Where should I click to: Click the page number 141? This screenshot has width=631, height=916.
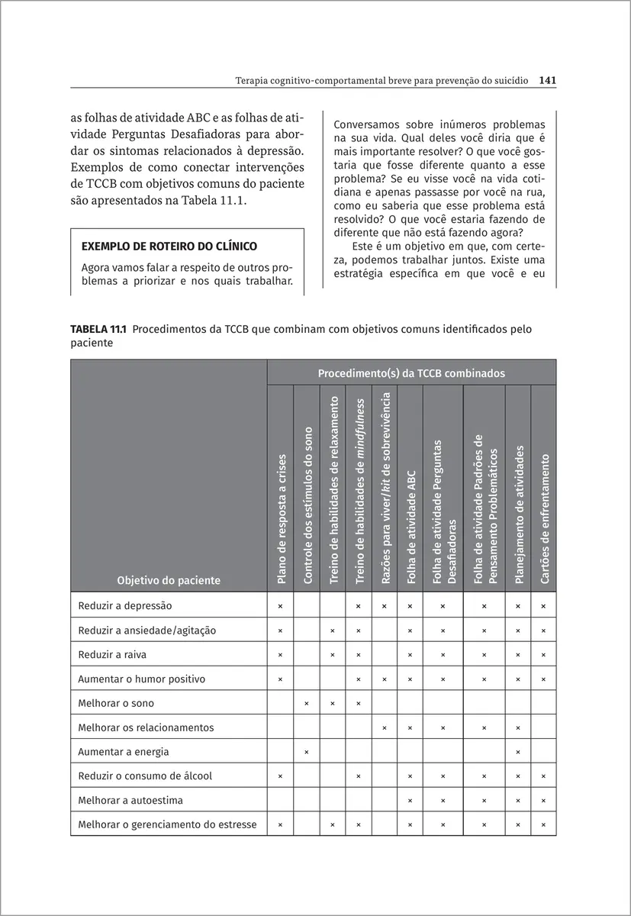click(547, 79)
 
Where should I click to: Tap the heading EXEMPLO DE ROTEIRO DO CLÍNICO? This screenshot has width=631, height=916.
click(169, 246)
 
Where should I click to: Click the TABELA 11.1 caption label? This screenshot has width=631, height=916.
click(100, 329)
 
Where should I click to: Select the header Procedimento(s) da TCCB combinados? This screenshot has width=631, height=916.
click(411, 374)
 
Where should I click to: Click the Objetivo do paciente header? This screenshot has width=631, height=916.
click(169, 580)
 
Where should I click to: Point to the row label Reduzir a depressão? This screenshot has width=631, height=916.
click(125, 605)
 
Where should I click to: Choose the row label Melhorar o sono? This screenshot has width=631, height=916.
click(116, 703)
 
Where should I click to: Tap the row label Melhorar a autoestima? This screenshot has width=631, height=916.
click(130, 801)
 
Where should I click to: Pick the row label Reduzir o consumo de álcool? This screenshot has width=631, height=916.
click(145, 776)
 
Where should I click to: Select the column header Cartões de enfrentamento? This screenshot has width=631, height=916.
click(544, 519)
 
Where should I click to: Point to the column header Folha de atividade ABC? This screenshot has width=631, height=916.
click(410, 527)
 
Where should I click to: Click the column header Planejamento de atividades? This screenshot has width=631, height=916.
click(519, 515)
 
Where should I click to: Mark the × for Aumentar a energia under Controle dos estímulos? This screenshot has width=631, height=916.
click(307, 752)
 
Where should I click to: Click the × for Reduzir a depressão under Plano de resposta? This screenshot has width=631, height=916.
click(281, 605)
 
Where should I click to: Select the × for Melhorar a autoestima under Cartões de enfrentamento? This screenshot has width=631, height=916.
click(544, 801)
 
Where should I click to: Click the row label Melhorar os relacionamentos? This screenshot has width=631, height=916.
click(146, 727)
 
